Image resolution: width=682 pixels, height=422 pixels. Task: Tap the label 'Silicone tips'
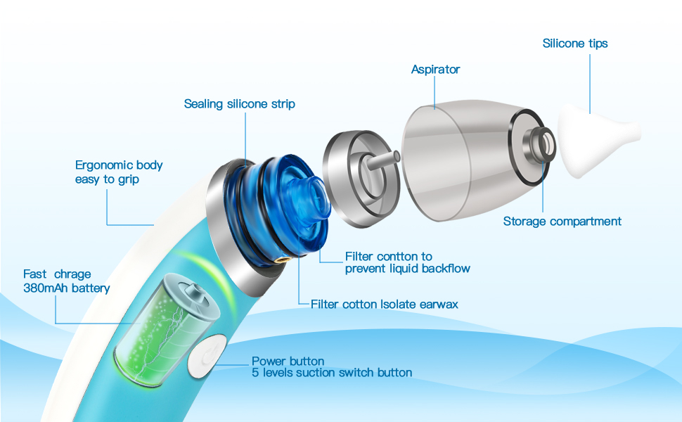click(574, 44)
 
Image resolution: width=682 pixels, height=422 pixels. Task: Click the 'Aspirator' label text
click(435, 70)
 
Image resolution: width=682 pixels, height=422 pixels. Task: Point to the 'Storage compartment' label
click(562, 222)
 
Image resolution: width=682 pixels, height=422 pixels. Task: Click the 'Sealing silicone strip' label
click(239, 104)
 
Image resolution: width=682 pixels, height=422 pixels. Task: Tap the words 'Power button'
click(288, 362)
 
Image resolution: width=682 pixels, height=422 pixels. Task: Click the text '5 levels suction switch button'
click(331, 373)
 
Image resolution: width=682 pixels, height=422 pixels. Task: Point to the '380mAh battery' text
click(66, 288)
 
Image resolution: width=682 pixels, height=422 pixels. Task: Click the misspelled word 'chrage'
click(72, 274)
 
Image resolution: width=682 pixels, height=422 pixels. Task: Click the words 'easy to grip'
click(107, 179)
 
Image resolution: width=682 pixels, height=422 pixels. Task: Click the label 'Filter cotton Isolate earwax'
click(384, 305)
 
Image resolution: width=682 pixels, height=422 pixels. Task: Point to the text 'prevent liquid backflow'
click(407, 269)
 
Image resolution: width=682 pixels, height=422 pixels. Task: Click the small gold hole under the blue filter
click(285, 260)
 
